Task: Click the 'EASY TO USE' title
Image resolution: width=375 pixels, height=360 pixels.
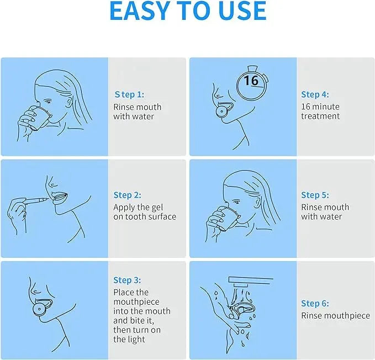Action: click(188, 10)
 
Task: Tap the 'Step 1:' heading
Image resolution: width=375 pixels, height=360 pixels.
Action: click(129, 94)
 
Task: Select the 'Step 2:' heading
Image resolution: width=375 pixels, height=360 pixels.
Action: click(128, 195)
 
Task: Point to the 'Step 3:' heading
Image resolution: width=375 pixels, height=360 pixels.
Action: click(127, 280)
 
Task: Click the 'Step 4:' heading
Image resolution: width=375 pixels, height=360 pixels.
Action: click(315, 94)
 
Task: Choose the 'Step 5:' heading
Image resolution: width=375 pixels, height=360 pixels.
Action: click(315, 195)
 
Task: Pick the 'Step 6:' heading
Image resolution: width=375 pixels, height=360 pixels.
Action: click(315, 303)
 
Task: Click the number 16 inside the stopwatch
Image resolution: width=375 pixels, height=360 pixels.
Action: click(251, 80)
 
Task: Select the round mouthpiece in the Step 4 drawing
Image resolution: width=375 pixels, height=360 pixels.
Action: click(222, 111)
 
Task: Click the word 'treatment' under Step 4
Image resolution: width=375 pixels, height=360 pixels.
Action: click(320, 116)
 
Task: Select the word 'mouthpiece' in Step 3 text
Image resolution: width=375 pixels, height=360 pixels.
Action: click(136, 302)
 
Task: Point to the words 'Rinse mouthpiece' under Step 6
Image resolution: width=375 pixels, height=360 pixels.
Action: click(336, 315)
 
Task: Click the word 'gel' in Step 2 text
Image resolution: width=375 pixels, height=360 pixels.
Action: click(157, 208)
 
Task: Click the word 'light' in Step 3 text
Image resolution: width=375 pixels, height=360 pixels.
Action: click(136, 340)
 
